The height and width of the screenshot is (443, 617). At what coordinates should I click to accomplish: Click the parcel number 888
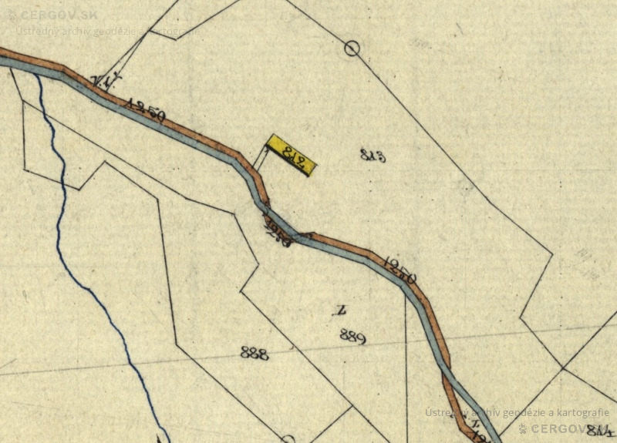[254, 353]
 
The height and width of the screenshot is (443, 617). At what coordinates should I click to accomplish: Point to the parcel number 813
[373, 155]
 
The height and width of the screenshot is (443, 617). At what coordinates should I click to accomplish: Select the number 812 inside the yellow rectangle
[291, 155]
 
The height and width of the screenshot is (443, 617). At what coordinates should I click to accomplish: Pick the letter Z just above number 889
[339, 311]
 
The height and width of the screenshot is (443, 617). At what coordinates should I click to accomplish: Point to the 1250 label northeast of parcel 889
[400, 270]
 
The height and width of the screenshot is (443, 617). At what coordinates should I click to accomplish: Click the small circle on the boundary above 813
[352, 49]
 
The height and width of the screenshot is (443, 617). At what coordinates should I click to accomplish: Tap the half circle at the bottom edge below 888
[288, 439]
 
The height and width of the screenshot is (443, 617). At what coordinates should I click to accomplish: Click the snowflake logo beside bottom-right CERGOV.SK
[522, 428]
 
